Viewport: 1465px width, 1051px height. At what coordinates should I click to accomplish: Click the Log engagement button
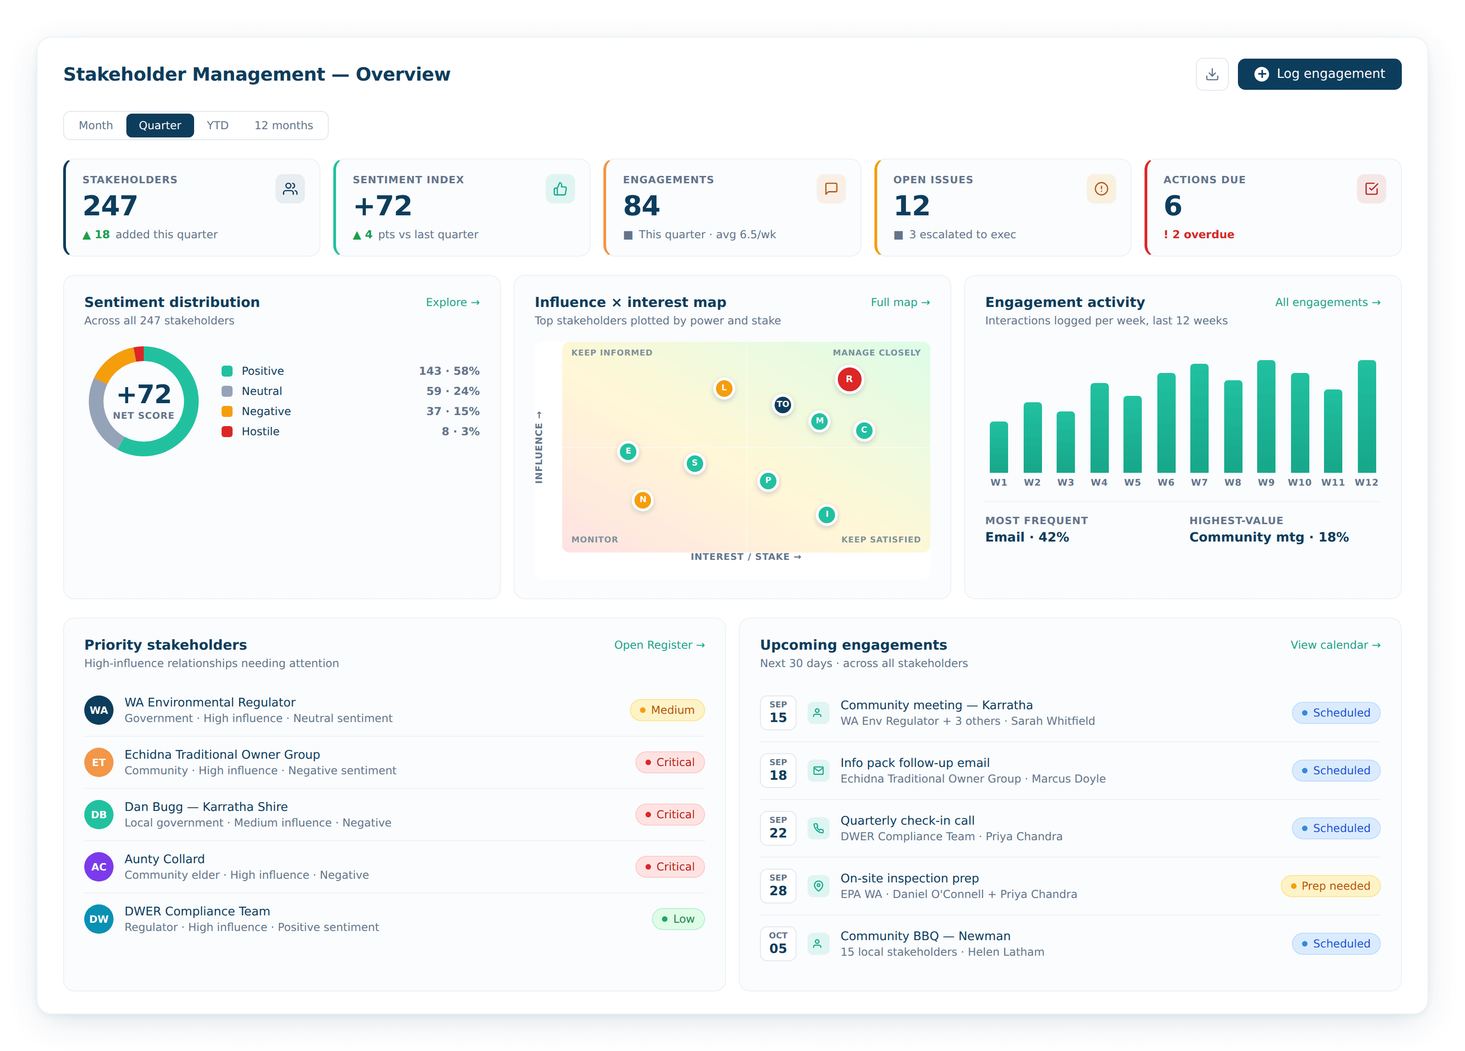1319,74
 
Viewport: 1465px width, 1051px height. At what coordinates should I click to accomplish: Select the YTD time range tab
217,126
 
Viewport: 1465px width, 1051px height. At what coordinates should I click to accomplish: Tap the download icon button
1212,74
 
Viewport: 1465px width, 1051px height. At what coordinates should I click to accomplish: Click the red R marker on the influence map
849,379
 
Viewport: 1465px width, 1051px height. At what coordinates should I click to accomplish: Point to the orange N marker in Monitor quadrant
642,500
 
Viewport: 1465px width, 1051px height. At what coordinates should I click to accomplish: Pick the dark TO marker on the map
782,405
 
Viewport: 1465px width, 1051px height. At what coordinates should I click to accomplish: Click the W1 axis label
998,482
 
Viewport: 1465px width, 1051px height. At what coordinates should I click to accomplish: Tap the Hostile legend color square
227,431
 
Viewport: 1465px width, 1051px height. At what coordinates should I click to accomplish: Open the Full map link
900,302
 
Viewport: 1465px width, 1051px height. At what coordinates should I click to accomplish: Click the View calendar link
1335,645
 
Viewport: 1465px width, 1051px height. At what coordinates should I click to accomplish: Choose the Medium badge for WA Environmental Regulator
667,710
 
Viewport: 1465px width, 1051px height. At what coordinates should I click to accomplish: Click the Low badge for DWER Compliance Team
678,919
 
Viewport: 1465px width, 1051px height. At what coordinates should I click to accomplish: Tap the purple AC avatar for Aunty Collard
99,867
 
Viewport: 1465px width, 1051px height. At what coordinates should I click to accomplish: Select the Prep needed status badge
1330,886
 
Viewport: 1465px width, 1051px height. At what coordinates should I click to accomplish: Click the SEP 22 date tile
778,828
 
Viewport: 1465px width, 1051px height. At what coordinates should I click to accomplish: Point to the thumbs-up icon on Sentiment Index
560,189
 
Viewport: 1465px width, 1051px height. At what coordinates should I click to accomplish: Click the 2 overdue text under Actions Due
1203,234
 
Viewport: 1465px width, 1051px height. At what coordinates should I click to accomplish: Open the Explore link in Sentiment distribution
452,302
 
